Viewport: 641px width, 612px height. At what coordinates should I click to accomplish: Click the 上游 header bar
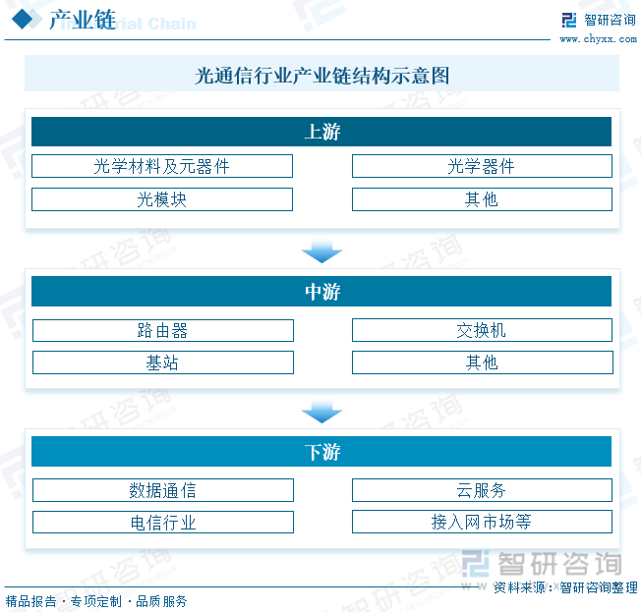tap(321, 132)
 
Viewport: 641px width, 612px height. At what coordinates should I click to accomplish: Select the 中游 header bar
tap(321, 292)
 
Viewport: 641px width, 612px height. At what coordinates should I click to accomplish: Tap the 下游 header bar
tap(321, 452)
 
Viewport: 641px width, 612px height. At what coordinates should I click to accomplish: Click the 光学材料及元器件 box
tap(162, 166)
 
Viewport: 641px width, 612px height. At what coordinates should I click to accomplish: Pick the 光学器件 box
tap(482, 166)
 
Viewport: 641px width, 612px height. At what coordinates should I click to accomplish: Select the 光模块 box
tap(162, 199)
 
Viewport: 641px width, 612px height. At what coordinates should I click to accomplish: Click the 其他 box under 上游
tap(482, 199)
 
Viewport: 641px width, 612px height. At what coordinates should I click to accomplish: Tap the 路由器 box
tap(163, 330)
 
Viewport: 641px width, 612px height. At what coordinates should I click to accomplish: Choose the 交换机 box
tap(482, 330)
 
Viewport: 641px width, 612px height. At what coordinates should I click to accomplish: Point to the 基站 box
tap(163, 362)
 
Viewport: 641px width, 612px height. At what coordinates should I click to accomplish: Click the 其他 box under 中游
tap(483, 362)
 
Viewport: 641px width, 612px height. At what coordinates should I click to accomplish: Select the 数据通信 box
tap(163, 490)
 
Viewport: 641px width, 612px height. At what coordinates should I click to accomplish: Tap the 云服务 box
tap(482, 490)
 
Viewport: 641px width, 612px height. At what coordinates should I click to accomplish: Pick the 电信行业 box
tap(163, 523)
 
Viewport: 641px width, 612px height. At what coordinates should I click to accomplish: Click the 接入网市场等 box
tap(482, 522)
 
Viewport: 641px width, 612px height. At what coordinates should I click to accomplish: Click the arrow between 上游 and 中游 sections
tap(321, 252)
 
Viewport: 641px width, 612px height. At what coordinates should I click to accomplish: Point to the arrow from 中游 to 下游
tap(321, 413)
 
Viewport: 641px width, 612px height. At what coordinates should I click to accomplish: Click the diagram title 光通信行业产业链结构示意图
tap(321, 76)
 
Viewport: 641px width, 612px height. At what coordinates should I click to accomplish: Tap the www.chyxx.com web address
tap(598, 39)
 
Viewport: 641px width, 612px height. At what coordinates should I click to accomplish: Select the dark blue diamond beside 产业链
tap(22, 20)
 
